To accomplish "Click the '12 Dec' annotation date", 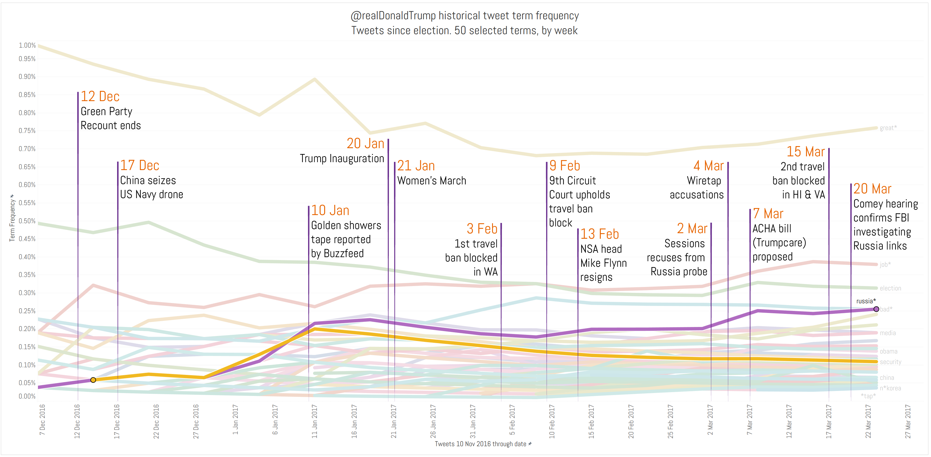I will (100, 96).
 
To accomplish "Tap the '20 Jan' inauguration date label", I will (365, 143).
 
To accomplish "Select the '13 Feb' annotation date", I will (599, 234).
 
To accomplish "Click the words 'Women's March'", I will (432, 181).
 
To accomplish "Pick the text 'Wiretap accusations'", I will (696, 188).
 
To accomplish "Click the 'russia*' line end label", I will (866, 301).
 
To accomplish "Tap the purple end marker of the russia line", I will (876, 309).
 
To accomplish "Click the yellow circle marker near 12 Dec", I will (93, 380).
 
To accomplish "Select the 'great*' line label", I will (888, 128).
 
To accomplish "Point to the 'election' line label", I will (890, 288).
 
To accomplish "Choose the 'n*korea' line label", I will (890, 388).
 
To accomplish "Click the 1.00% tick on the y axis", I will (27, 45).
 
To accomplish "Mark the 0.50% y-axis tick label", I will (27, 221).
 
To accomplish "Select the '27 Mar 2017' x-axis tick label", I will (908, 421).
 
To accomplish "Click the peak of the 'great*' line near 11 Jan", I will (315, 79).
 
